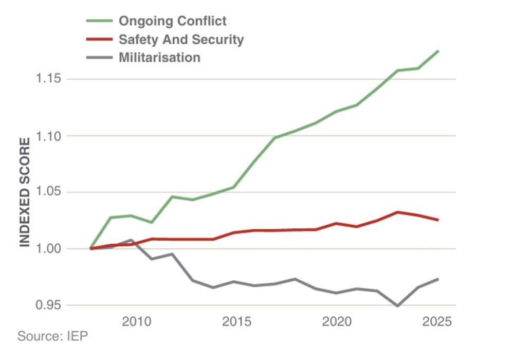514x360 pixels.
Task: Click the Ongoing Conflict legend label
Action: tap(173, 21)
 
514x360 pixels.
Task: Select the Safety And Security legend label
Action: tap(181, 39)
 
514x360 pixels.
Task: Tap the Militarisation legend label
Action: tap(159, 57)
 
